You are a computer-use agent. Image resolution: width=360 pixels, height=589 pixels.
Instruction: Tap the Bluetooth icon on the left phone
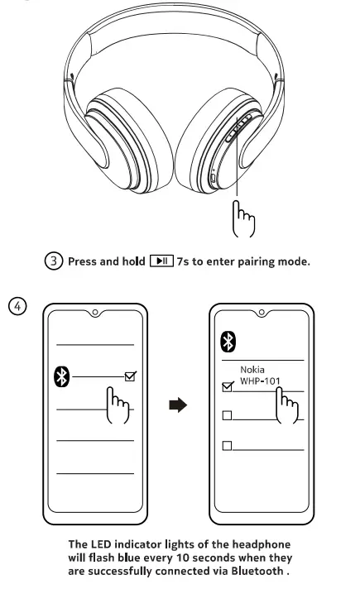tap(60, 376)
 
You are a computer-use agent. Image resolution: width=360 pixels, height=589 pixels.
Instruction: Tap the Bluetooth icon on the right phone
tap(228, 342)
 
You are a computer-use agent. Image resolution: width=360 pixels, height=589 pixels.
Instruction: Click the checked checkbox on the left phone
tap(128, 377)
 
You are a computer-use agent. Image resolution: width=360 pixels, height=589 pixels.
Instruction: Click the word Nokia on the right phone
tap(252, 369)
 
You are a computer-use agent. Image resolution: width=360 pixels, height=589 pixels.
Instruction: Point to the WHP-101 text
tap(262, 381)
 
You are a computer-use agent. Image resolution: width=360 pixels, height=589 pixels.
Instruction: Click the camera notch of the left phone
tap(96, 313)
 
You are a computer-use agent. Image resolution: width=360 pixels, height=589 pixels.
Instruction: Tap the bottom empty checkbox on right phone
tap(228, 446)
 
